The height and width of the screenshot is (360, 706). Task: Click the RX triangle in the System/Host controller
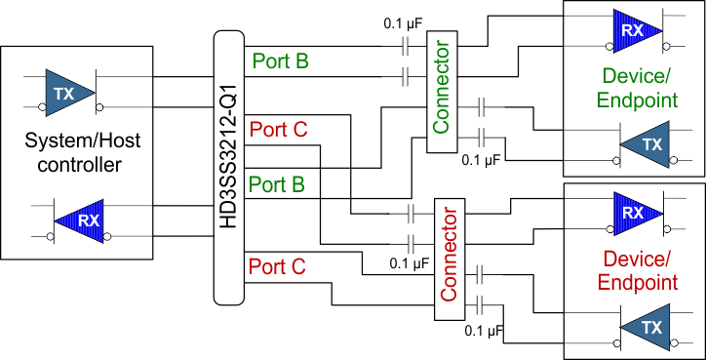point(84,220)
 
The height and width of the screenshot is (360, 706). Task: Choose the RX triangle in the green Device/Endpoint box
point(634,30)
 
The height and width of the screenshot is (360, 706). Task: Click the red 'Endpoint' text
point(639,283)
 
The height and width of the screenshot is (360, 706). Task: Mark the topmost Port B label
point(281,61)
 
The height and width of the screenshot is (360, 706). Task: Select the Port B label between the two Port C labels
point(278,183)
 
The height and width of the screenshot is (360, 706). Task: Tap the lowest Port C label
point(278,265)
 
